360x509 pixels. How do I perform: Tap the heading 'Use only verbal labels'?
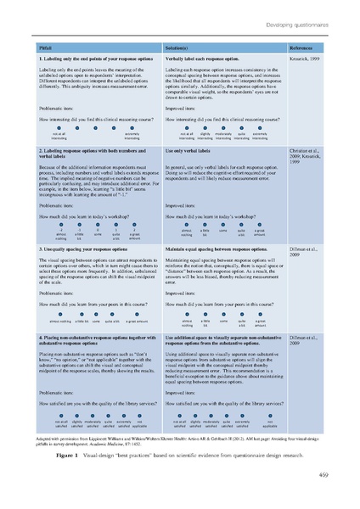[189, 149]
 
